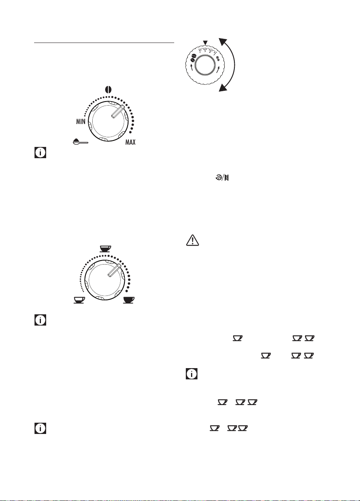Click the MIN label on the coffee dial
[81, 122]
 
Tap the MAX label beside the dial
[130, 142]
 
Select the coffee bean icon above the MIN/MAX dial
[108, 90]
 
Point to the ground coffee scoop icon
[81, 142]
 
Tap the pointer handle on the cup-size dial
[114, 270]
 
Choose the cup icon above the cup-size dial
[105, 249]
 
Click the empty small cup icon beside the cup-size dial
[79, 300]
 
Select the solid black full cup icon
[129, 300]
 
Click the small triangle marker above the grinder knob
[205, 43]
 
